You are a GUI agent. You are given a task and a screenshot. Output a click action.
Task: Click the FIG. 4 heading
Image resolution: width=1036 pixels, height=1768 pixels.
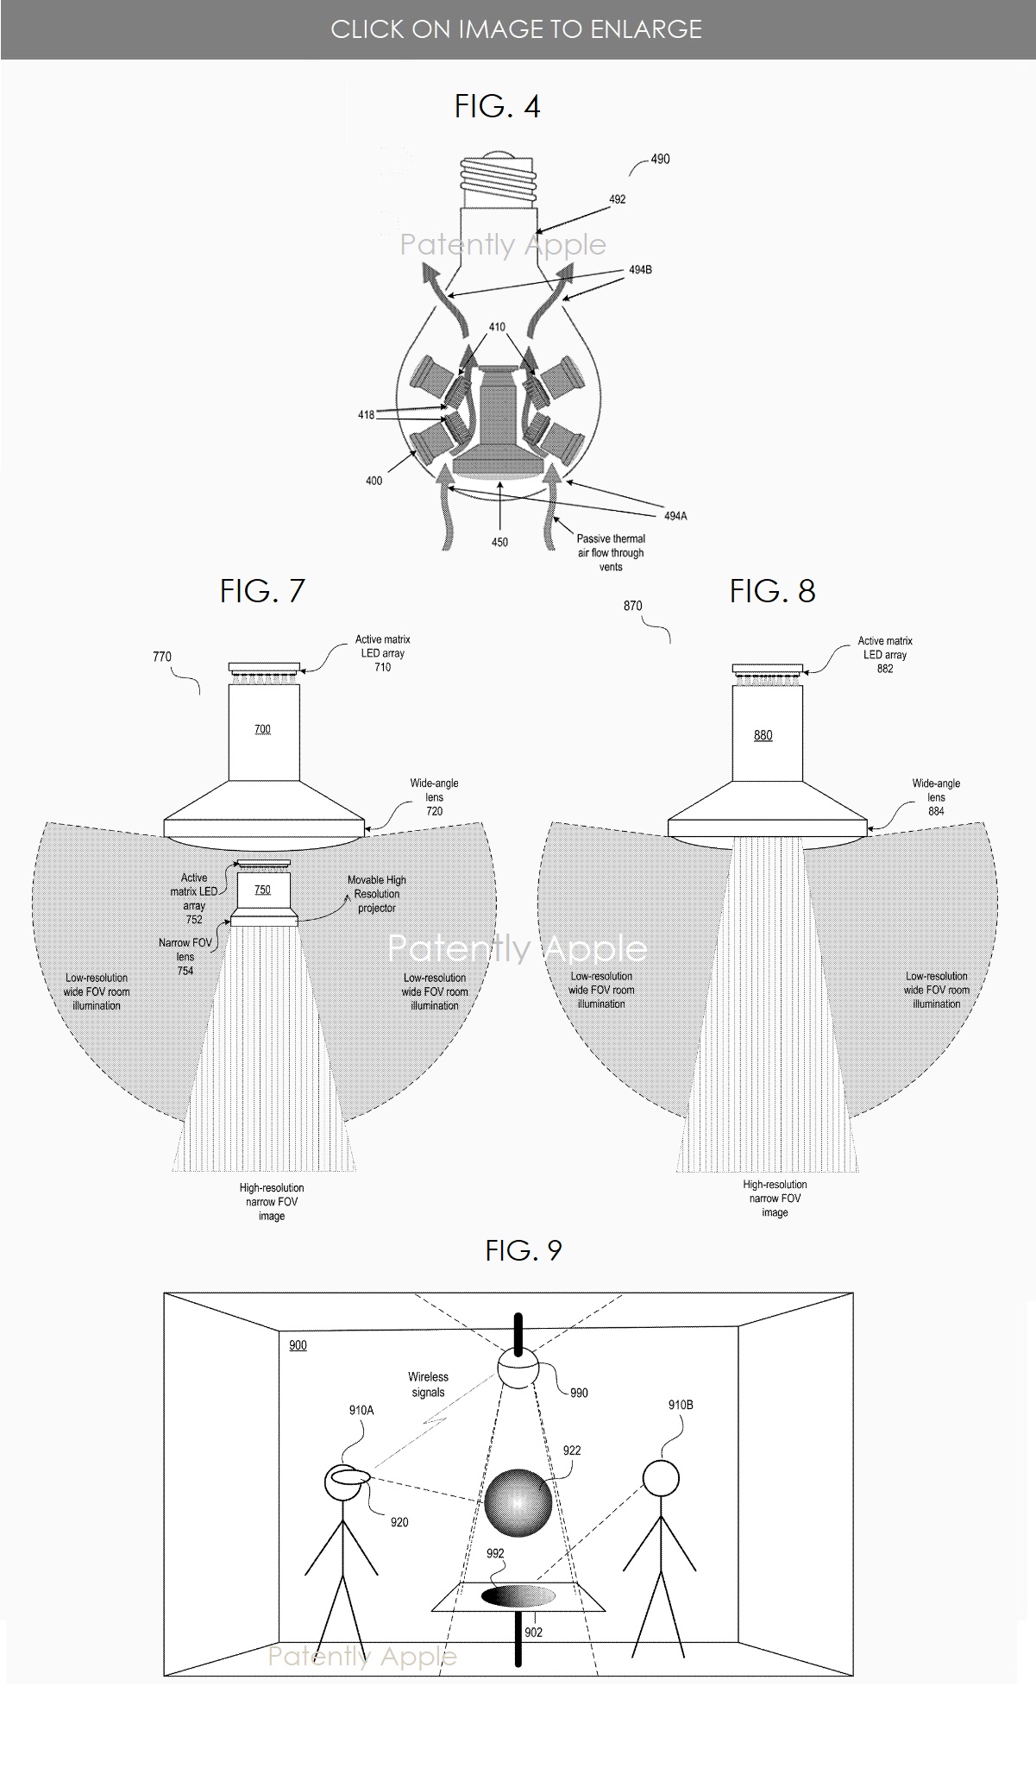(x=497, y=106)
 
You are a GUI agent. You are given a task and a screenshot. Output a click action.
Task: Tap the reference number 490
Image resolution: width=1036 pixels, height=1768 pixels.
(x=659, y=159)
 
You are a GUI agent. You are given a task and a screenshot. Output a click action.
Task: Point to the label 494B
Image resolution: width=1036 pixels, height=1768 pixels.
(x=640, y=270)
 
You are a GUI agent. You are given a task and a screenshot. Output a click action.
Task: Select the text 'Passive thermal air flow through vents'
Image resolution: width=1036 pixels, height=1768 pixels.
(x=611, y=552)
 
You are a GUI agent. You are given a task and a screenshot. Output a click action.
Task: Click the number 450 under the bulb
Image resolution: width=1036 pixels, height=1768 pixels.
(x=499, y=542)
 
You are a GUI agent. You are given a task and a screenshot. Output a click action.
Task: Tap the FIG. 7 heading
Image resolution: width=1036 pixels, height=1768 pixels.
(x=262, y=591)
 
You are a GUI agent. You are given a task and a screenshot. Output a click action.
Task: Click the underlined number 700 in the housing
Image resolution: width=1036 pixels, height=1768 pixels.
(x=262, y=729)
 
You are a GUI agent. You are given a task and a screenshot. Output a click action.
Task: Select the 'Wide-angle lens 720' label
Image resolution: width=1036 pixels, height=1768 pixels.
(x=434, y=796)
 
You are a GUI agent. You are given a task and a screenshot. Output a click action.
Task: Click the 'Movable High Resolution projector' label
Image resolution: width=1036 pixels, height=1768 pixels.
(x=377, y=894)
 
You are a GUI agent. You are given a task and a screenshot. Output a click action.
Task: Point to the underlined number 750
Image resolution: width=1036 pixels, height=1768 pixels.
(x=262, y=890)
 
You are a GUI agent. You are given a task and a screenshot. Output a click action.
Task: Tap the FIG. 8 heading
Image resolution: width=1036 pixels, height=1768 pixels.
(x=772, y=591)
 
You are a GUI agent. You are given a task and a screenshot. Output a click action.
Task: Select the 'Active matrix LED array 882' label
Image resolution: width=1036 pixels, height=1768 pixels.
(x=885, y=654)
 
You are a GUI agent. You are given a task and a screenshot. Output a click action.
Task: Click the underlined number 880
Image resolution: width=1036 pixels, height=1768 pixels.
(x=763, y=735)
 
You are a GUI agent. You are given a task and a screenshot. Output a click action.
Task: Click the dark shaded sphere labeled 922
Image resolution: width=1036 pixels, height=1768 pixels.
(x=518, y=1502)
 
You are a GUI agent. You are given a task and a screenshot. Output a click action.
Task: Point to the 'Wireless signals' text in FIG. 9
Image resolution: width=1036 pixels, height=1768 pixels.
(x=428, y=1385)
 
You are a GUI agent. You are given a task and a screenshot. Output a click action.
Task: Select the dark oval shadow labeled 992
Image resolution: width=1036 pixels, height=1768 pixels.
(x=518, y=1596)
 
